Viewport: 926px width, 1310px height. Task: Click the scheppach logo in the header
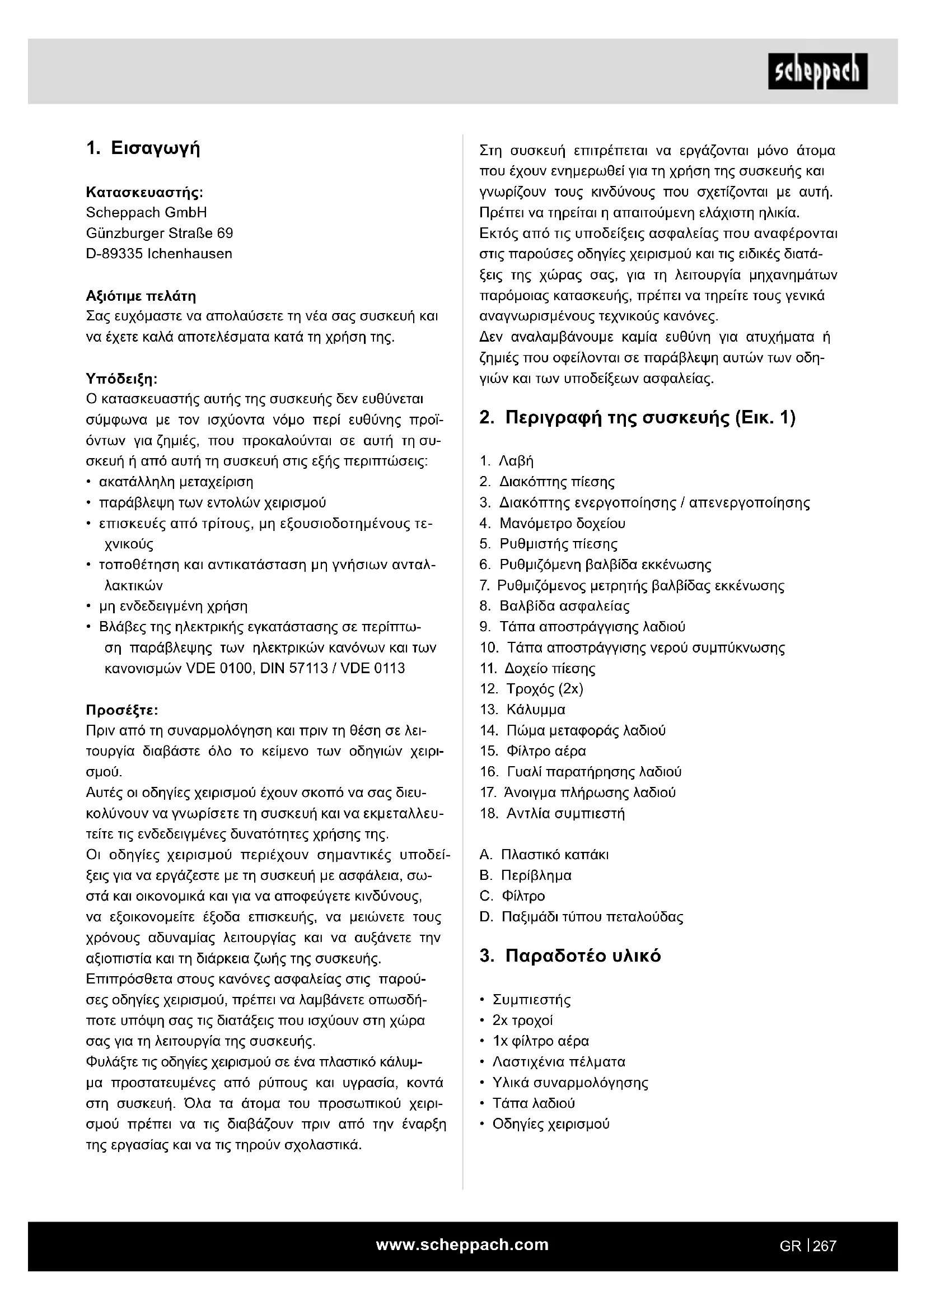(x=817, y=71)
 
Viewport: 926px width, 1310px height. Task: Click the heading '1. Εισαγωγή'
(x=143, y=149)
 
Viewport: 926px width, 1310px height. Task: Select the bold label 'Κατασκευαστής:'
(x=144, y=192)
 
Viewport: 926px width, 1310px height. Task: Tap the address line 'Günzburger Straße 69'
(x=159, y=234)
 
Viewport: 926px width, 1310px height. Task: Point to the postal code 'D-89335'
(x=114, y=254)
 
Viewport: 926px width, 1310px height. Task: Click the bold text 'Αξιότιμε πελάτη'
(x=141, y=296)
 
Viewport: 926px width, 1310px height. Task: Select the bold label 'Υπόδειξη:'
(x=121, y=379)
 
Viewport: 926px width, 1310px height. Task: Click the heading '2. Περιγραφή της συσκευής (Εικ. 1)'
(x=638, y=418)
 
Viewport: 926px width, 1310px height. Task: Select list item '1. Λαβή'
(x=506, y=461)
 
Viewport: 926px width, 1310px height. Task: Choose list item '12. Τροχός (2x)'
(x=531, y=689)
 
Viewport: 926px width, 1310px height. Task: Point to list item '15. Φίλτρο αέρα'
(x=532, y=752)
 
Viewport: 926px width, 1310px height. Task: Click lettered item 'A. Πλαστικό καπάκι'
(x=544, y=855)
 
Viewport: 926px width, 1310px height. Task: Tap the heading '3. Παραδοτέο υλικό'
(x=570, y=955)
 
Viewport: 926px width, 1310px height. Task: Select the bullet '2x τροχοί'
(x=522, y=1020)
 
